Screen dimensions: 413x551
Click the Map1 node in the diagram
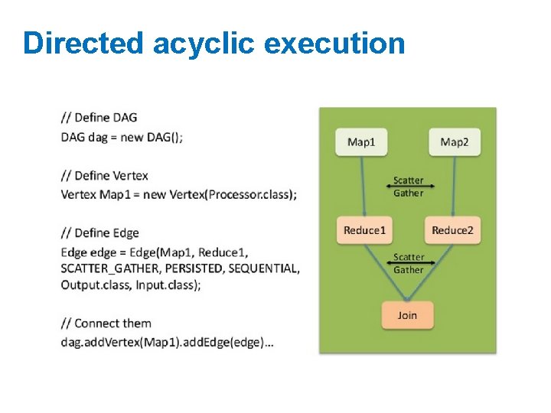(x=361, y=142)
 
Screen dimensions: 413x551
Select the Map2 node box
(x=454, y=142)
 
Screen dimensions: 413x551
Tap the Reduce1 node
(x=365, y=230)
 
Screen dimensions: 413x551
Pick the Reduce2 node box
(x=452, y=230)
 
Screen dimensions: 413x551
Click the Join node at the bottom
(x=407, y=315)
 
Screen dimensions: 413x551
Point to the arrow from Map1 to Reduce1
(x=364, y=187)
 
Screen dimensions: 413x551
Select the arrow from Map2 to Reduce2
(x=454, y=187)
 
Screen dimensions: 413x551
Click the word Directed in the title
(x=83, y=44)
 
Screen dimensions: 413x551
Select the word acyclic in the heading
(x=204, y=44)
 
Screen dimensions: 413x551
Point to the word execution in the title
(x=334, y=44)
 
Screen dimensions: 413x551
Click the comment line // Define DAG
(x=99, y=118)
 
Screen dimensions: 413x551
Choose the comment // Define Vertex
(x=105, y=176)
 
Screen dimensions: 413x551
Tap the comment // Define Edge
(x=100, y=233)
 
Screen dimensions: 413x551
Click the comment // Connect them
(x=106, y=323)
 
